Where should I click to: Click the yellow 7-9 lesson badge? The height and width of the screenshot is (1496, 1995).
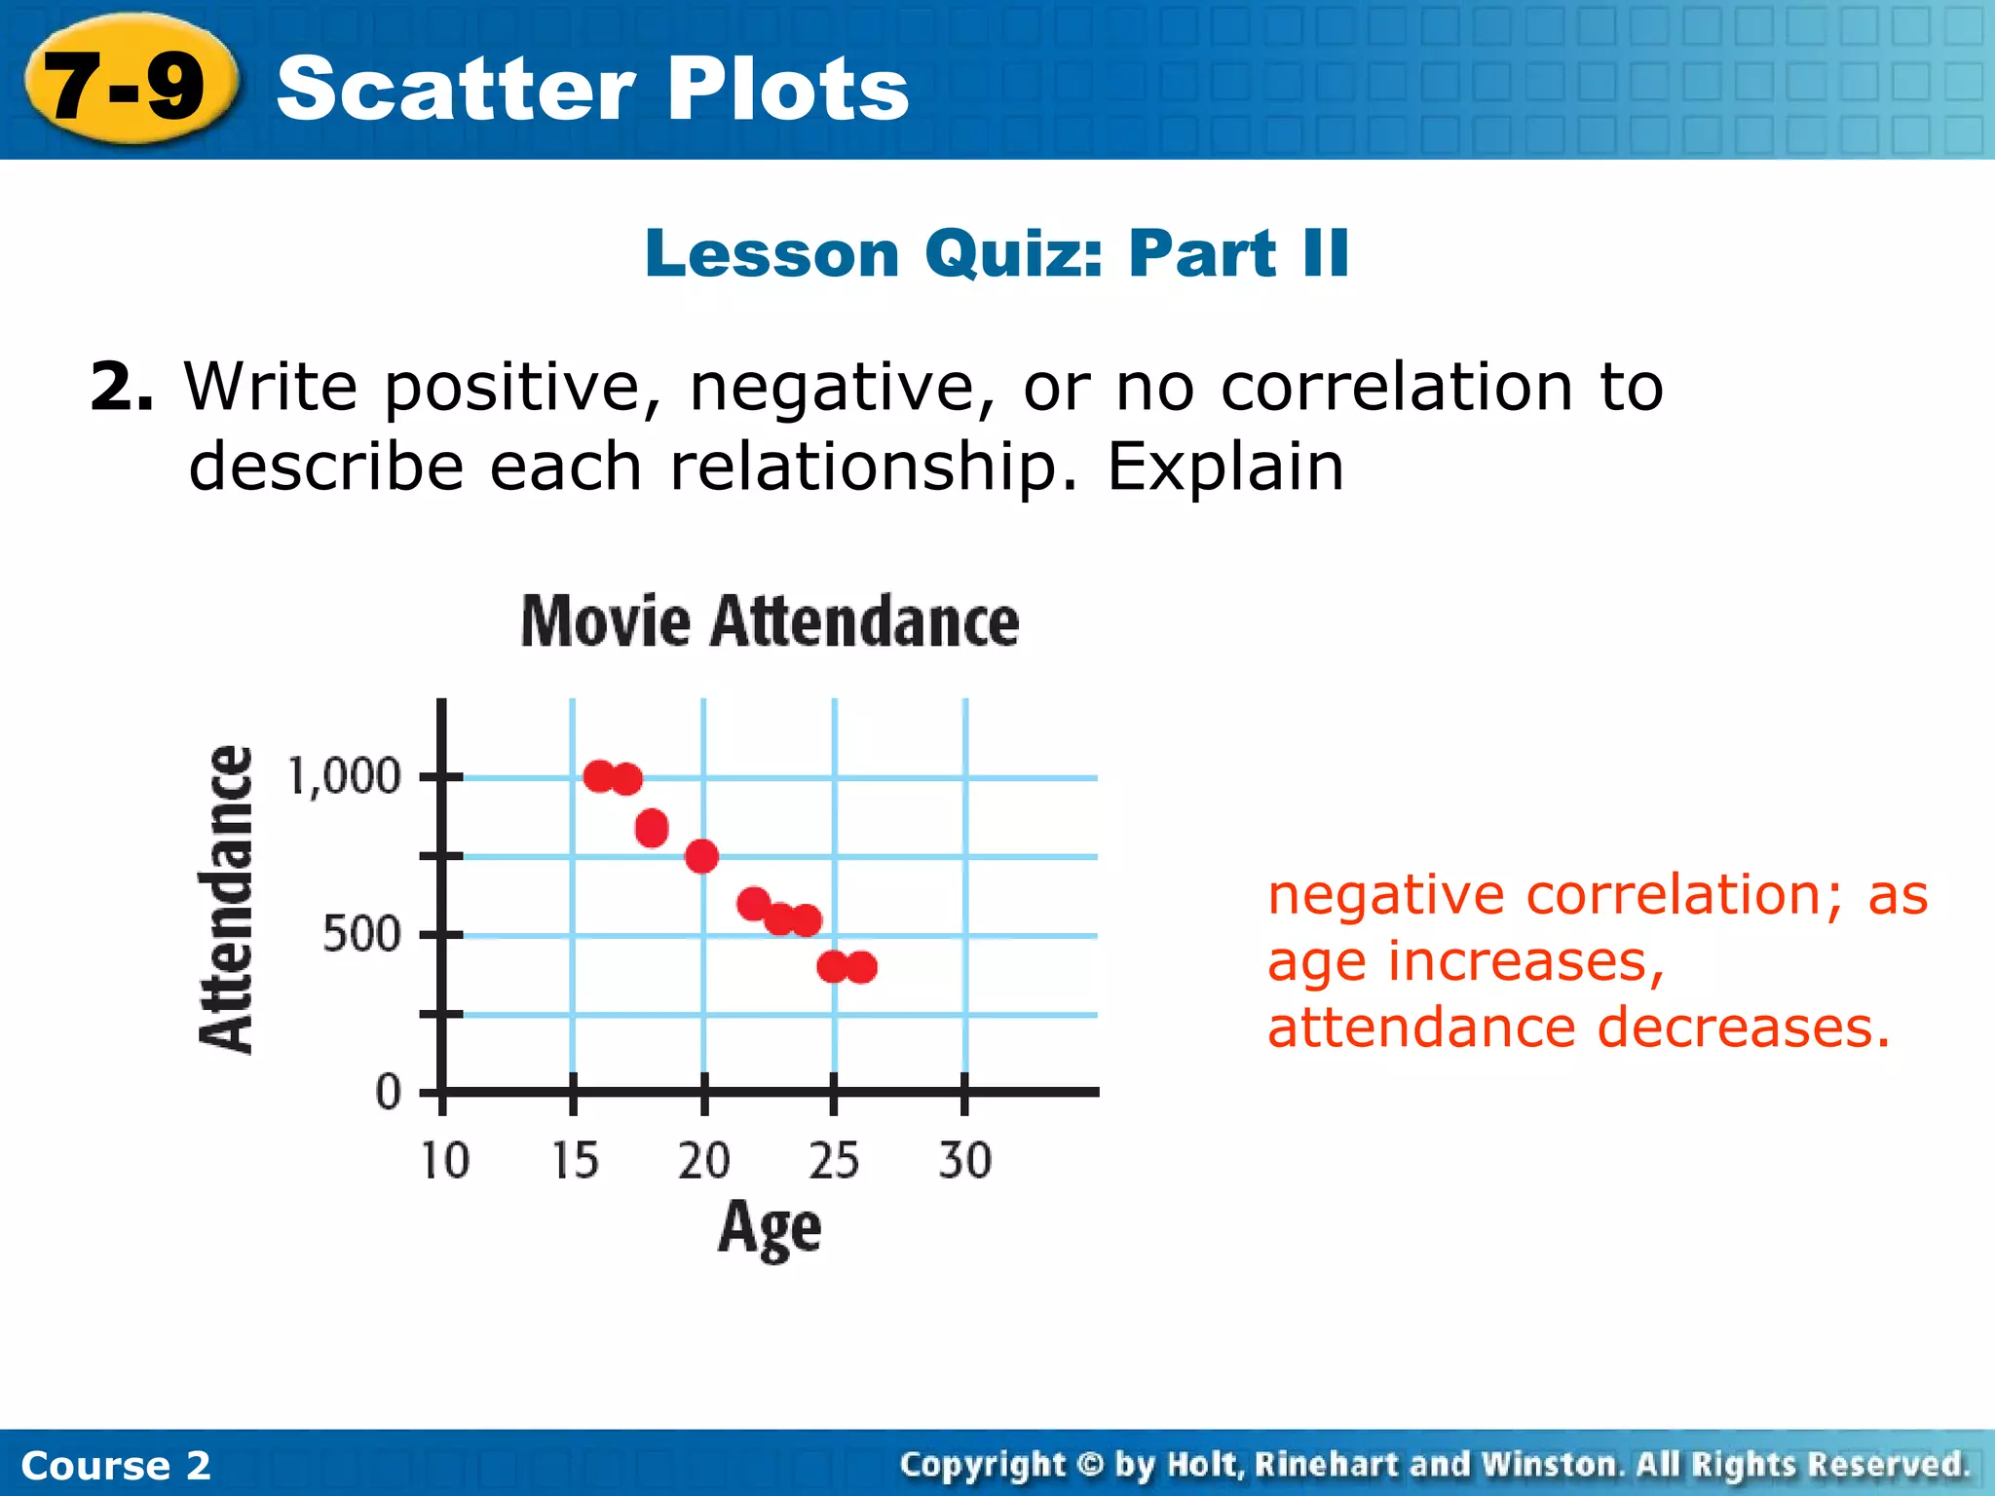click(x=127, y=86)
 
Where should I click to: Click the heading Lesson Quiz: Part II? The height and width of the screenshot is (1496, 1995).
click(x=997, y=254)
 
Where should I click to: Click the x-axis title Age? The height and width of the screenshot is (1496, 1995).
click(x=770, y=1229)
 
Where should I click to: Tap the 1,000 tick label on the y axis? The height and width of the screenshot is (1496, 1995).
click(x=344, y=777)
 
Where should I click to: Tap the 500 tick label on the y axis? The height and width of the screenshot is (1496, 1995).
click(x=361, y=935)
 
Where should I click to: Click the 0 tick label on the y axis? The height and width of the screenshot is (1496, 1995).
click(x=388, y=1093)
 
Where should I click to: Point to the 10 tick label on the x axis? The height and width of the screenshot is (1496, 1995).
click(x=444, y=1161)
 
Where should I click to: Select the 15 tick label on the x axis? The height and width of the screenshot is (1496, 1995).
click(x=575, y=1161)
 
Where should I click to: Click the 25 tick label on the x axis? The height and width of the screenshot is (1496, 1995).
click(x=834, y=1161)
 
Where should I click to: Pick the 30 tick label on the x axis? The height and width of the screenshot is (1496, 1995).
click(x=964, y=1161)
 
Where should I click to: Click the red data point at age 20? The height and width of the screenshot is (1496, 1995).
click(x=701, y=856)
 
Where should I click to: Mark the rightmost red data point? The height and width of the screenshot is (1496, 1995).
click(x=862, y=967)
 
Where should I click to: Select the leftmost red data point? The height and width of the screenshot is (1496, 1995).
click(x=599, y=776)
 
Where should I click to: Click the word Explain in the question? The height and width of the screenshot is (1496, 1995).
click(x=1224, y=467)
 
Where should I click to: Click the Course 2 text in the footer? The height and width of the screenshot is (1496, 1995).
click(x=115, y=1466)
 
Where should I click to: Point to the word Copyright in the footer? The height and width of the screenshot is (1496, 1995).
click(x=983, y=1465)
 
